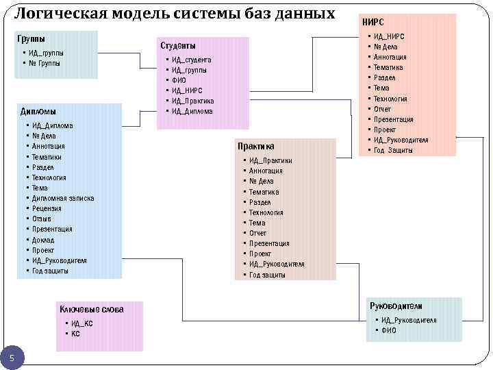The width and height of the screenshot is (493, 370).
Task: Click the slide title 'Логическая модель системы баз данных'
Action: pos(175,13)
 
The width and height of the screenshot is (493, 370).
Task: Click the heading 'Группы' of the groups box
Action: pos(31,39)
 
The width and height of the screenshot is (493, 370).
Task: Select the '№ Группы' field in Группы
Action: pos(44,63)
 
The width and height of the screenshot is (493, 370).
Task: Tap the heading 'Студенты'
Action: pos(178,45)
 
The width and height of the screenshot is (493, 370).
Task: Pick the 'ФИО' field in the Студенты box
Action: pos(179,80)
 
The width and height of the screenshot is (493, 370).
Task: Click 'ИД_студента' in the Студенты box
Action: pos(191,60)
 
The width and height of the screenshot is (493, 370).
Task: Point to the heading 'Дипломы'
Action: pos(38,111)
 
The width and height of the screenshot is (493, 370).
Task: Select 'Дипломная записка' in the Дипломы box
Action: pos(63,198)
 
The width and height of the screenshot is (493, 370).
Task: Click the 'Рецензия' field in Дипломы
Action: pos(47,208)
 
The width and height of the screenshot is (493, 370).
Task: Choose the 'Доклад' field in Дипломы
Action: pos(43,240)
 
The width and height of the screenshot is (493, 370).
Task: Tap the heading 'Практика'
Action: pos(256,146)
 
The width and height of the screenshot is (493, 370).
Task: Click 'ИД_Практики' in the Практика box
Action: pos(270,160)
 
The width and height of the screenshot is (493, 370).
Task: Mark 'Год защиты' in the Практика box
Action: pos(267,275)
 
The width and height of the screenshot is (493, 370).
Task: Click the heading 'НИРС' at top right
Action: pos(373,22)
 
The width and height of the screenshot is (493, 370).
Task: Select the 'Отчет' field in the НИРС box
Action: pos(382,109)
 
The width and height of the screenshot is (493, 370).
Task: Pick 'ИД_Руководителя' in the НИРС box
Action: pos(401,140)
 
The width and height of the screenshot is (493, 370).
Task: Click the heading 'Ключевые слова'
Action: pos(91,309)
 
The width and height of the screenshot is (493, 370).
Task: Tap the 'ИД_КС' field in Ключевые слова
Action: pos(81,323)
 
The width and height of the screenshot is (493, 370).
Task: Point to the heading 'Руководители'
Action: pos(396,306)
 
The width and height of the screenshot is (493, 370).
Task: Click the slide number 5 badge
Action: pos(12,356)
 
